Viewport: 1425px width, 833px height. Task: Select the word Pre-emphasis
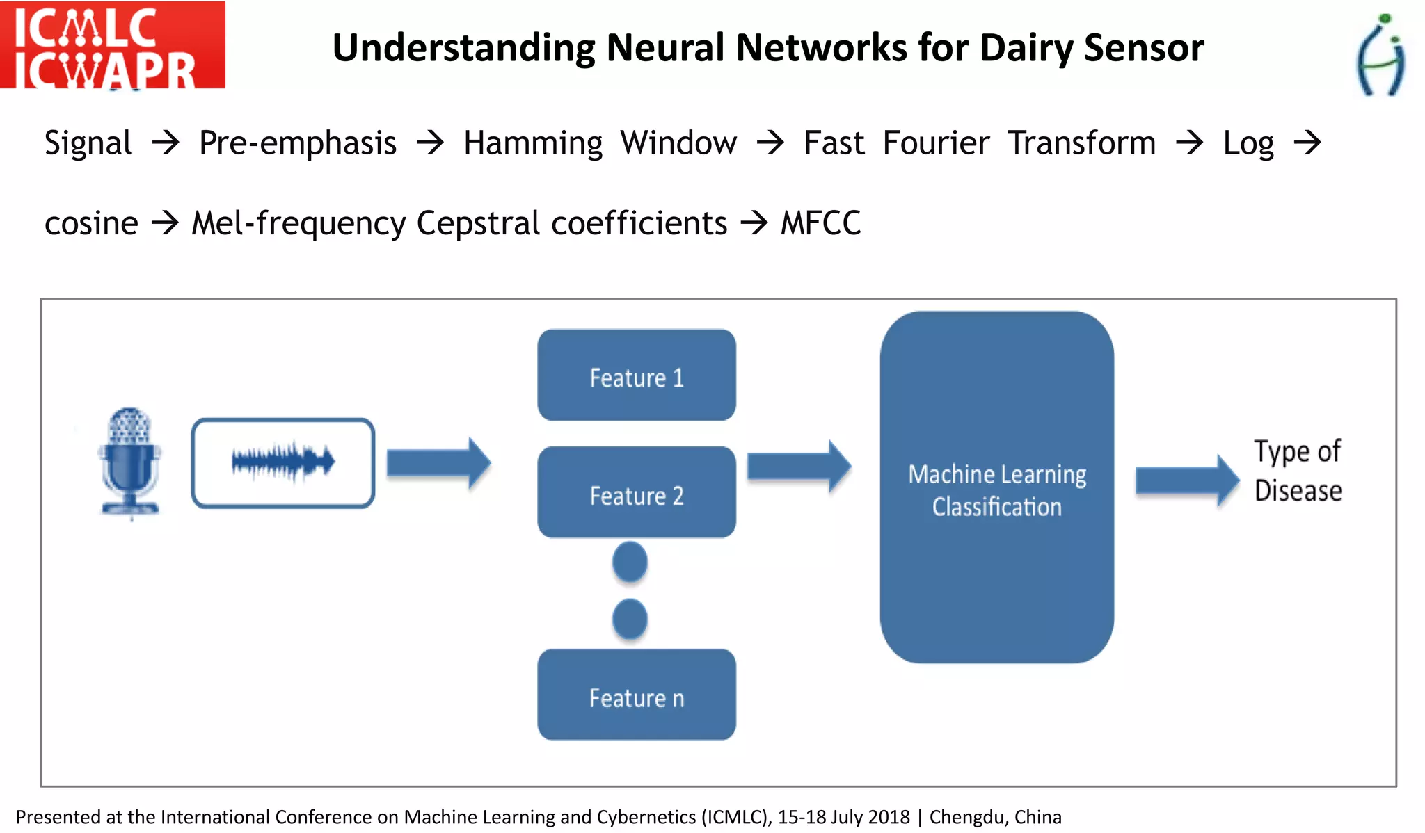coord(298,143)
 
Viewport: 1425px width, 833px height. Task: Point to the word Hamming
coord(533,144)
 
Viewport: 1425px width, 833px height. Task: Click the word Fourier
coord(936,143)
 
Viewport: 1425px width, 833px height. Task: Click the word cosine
coord(91,224)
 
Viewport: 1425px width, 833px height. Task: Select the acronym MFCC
coord(820,224)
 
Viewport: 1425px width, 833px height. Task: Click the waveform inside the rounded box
coord(282,462)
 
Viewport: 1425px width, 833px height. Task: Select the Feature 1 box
coord(636,375)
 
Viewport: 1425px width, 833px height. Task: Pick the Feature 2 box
coord(636,493)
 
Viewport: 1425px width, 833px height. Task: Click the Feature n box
coord(636,695)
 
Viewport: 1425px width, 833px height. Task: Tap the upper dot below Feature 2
coord(630,562)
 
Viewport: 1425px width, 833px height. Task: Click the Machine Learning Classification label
coord(996,490)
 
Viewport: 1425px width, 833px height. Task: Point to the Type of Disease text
coord(1297,471)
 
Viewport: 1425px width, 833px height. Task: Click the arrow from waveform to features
coord(438,463)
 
